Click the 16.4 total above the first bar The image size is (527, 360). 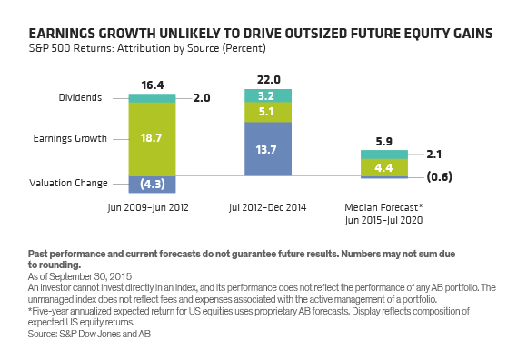[153, 85]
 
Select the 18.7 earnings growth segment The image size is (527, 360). [152, 139]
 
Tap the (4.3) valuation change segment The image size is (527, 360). [152, 185]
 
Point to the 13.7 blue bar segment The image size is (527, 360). [268, 149]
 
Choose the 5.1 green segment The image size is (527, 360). [268, 112]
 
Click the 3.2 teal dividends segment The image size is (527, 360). [268, 95]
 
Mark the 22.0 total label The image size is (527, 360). [269, 80]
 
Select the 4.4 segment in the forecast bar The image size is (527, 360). [384, 167]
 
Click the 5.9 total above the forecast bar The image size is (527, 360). [383, 141]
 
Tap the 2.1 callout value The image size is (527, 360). [434, 155]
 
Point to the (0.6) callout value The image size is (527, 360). [439, 176]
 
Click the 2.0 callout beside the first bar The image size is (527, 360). [202, 98]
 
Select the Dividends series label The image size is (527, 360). [80, 97]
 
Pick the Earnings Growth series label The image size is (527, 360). [70, 138]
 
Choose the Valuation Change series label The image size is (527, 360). [68, 183]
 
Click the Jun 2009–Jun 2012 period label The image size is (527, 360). [148, 207]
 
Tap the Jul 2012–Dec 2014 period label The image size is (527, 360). [267, 207]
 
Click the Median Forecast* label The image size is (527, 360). [383, 207]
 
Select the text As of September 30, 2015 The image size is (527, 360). [80, 276]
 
